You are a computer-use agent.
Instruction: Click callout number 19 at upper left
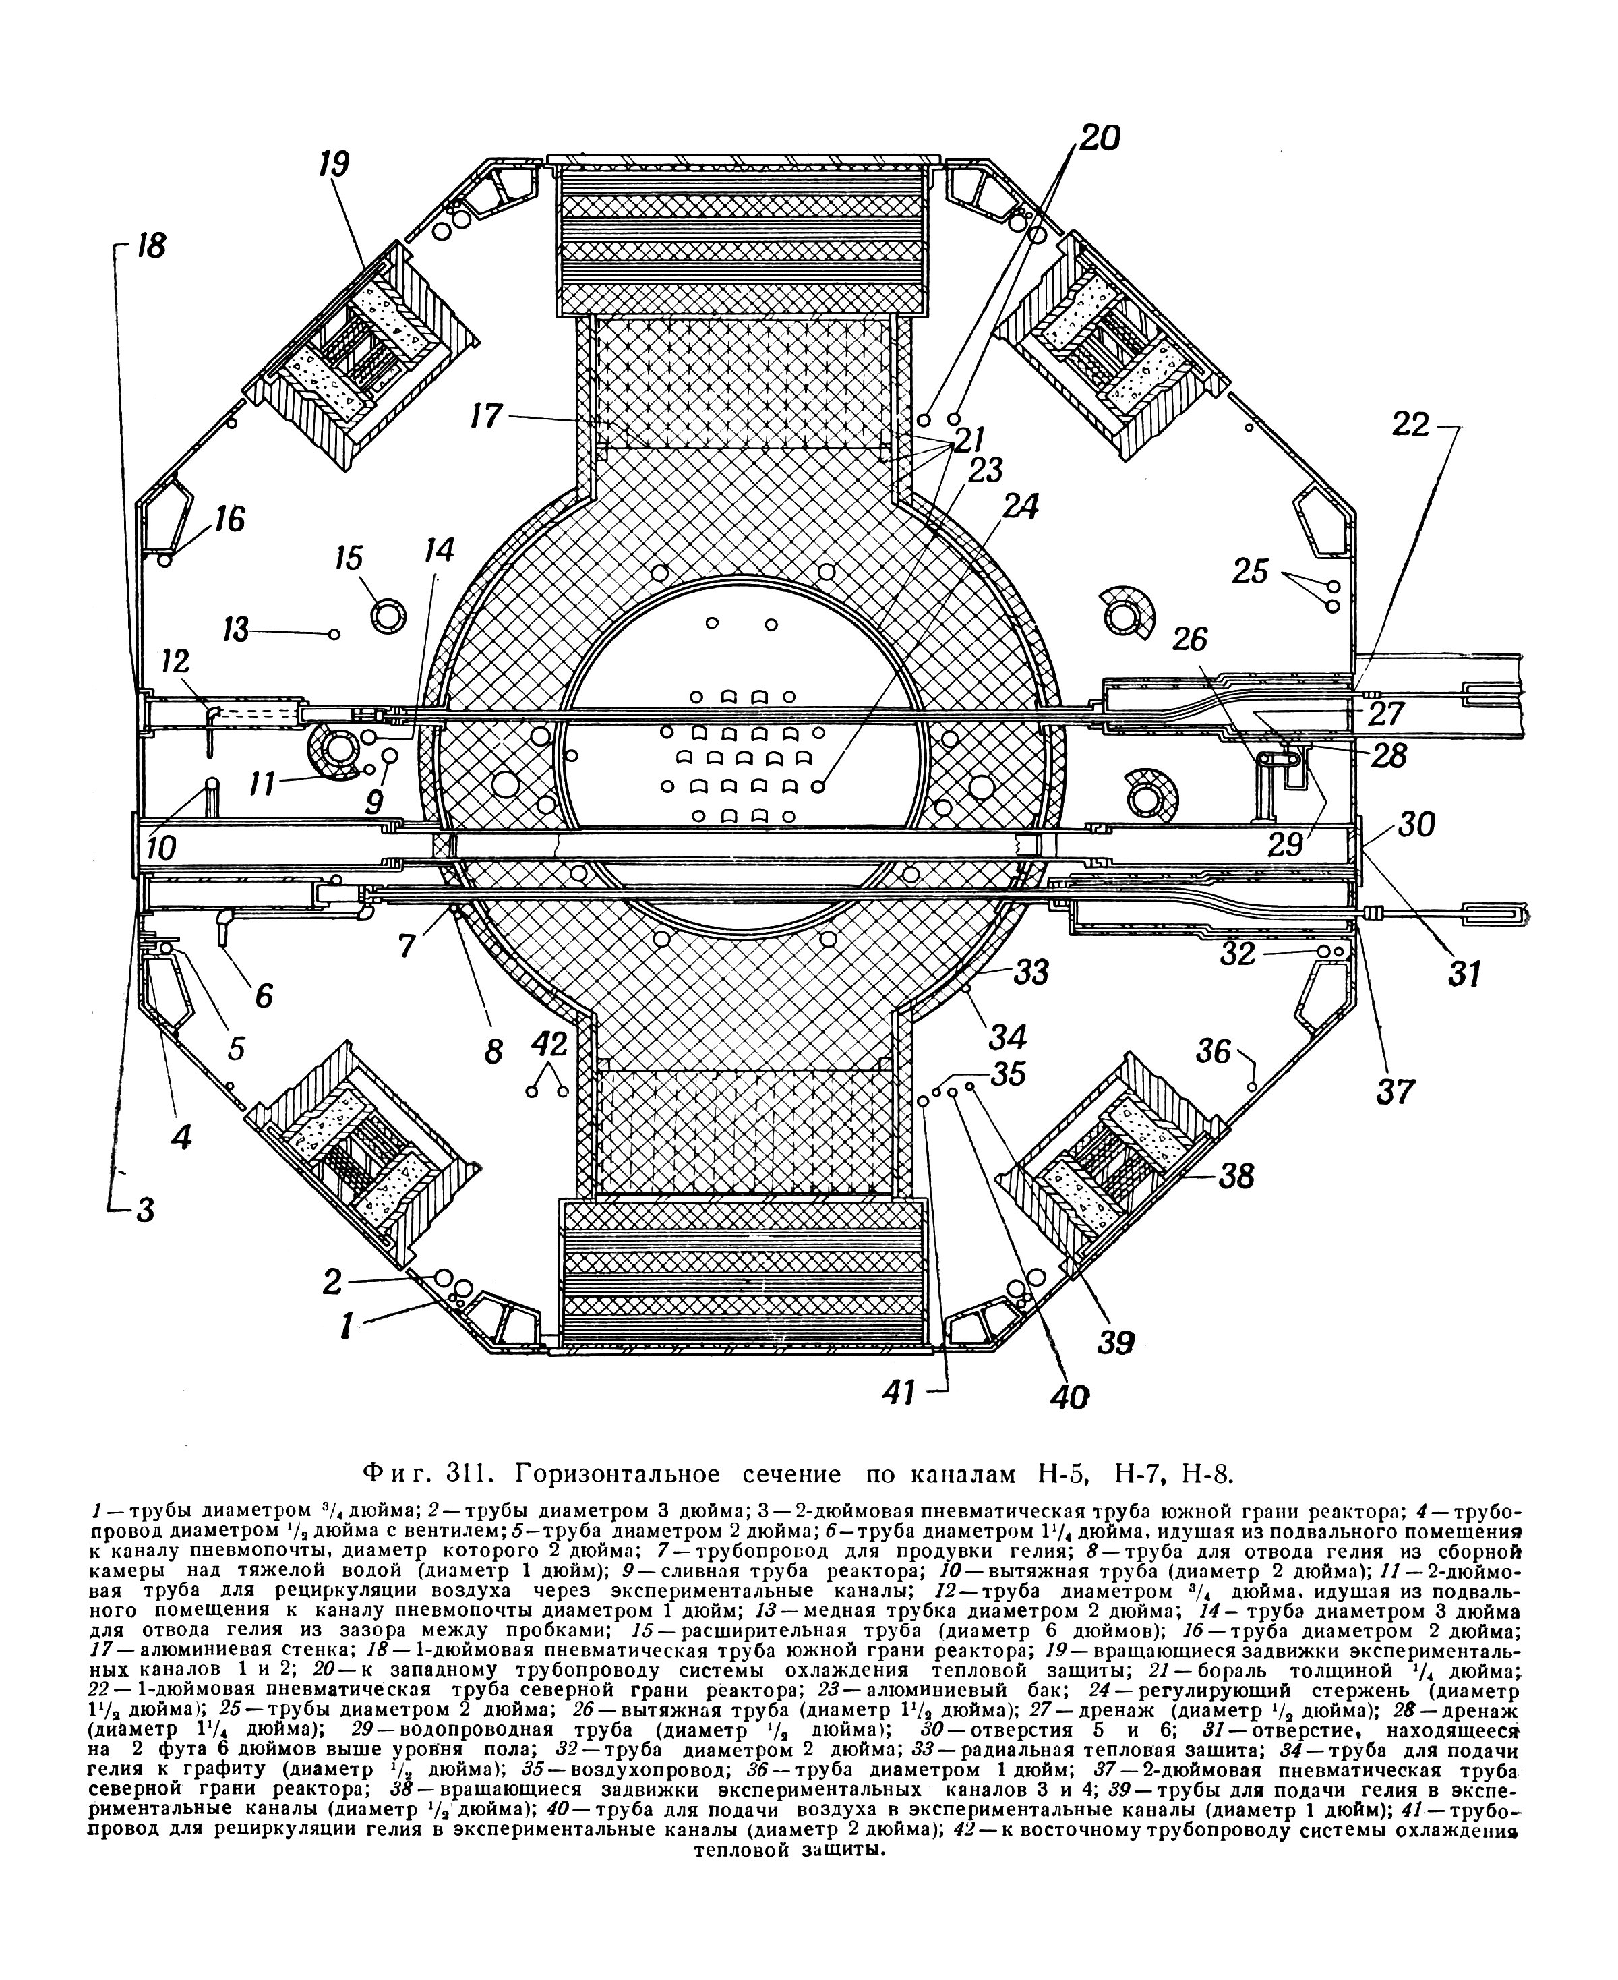tap(334, 165)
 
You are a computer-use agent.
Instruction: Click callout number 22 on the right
tap(1411, 425)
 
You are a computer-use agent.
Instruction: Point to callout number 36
tap(1214, 1051)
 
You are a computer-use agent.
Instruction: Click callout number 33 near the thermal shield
tap(1031, 972)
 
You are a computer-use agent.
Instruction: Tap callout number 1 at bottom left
tap(347, 1324)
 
